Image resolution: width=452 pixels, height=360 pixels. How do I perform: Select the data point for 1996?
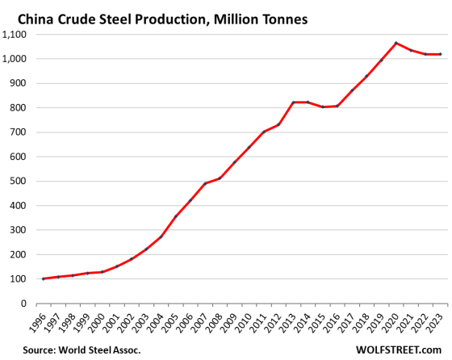click(x=43, y=278)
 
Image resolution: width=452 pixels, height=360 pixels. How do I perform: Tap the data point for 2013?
click(x=293, y=103)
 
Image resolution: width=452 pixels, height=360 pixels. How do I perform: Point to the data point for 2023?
click(x=440, y=54)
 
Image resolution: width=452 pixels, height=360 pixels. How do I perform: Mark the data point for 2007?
click(x=205, y=183)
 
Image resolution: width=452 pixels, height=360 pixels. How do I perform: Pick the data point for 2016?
click(x=337, y=106)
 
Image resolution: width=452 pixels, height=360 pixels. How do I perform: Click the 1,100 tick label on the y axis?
click(x=16, y=35)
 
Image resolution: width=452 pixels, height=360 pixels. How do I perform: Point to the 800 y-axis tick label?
click(x=20, y=108)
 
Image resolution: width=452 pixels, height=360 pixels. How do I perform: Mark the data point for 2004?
click(x=161, y=237)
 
